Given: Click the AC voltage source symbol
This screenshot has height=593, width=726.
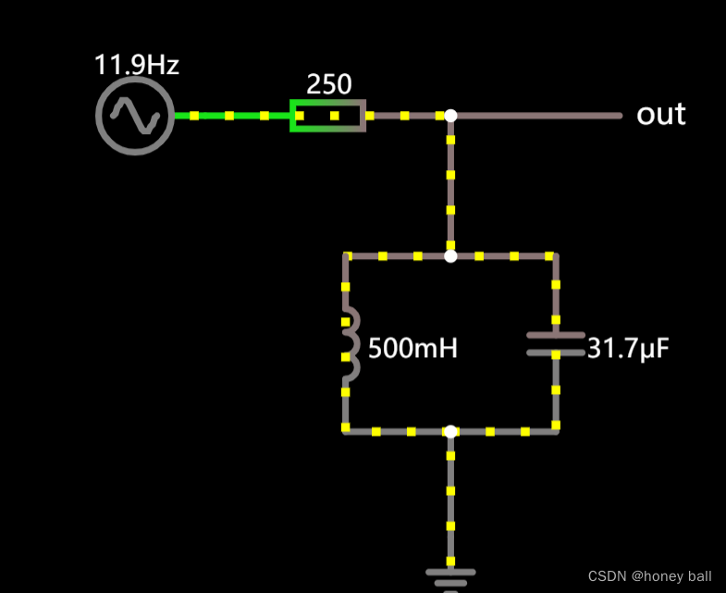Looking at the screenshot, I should tap(135, 116).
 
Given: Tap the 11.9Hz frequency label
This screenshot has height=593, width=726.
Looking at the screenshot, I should tap(136, 65).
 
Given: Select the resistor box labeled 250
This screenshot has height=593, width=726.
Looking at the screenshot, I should tap(328, 116).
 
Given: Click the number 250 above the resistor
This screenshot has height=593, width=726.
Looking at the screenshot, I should tap(329, 85).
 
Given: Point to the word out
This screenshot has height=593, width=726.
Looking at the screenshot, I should tap(660, 115).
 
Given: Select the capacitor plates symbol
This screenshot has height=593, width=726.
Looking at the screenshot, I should tap(556, 343).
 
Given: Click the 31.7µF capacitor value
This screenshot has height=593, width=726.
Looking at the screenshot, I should tap(628, 348).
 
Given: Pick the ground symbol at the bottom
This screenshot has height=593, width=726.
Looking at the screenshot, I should tap(450, 575).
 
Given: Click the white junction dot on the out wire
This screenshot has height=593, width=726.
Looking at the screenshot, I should tap(450, 116).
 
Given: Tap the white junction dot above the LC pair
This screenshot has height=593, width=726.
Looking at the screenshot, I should tap(450, 255).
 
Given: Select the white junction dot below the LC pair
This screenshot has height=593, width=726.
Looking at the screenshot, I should tap(450, 431).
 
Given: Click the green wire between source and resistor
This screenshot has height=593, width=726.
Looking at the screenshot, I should tap(231, 116).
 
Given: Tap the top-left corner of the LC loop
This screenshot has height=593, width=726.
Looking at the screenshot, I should tap(347, 256).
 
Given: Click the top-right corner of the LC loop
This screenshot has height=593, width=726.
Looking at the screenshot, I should tap(555, 256).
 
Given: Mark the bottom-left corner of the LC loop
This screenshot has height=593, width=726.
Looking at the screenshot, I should tap(346, 430).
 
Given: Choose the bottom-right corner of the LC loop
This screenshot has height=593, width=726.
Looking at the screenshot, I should tap(556, 430).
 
